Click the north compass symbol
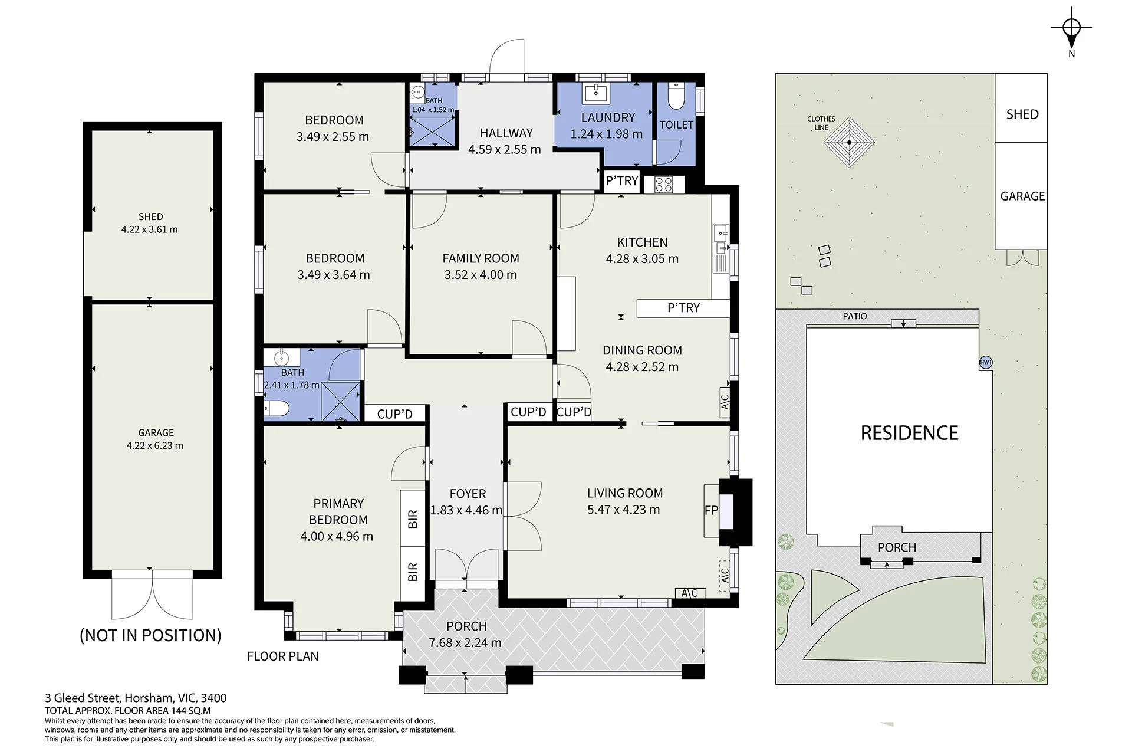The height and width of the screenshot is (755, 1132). coord(1071,28)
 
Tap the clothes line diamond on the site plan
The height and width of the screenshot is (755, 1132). coord(849,142)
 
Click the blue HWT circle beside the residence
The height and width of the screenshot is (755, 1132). coord(986,363)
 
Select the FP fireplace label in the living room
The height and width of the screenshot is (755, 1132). coord(711,510)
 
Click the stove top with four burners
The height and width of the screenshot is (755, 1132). coord(664,185)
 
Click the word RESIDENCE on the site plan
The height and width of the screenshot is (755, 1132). coord(909,433)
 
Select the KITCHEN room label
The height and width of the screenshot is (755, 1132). coord(642,242)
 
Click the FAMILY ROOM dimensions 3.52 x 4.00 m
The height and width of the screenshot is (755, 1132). coord(481,275)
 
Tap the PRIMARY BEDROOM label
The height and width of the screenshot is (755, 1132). coord(338,511)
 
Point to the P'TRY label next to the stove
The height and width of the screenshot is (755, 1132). coord(622,180)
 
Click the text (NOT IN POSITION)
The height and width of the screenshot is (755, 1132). coord(151,635)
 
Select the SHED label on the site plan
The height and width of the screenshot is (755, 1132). coord(1022,114)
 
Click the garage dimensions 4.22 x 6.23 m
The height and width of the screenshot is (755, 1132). coord(155,446)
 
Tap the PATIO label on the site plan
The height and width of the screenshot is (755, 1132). coord(855,316)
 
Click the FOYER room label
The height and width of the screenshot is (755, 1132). coord(468,494)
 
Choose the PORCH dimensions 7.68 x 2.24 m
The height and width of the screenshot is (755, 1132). coord(465,643)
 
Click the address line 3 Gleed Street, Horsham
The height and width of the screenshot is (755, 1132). coord(136,698)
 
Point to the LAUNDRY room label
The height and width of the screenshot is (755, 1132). coord(608,117)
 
